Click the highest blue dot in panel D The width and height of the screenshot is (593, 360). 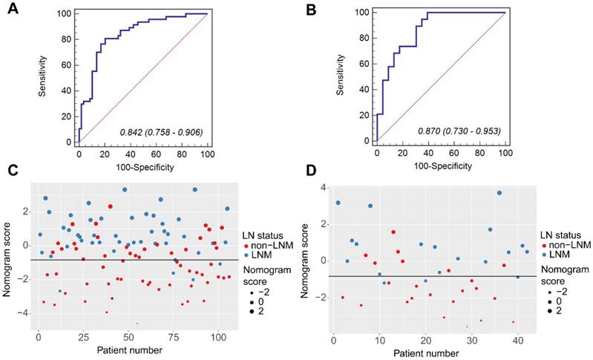click(499, 193)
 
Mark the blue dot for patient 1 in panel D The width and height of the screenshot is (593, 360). click(338, 203)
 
